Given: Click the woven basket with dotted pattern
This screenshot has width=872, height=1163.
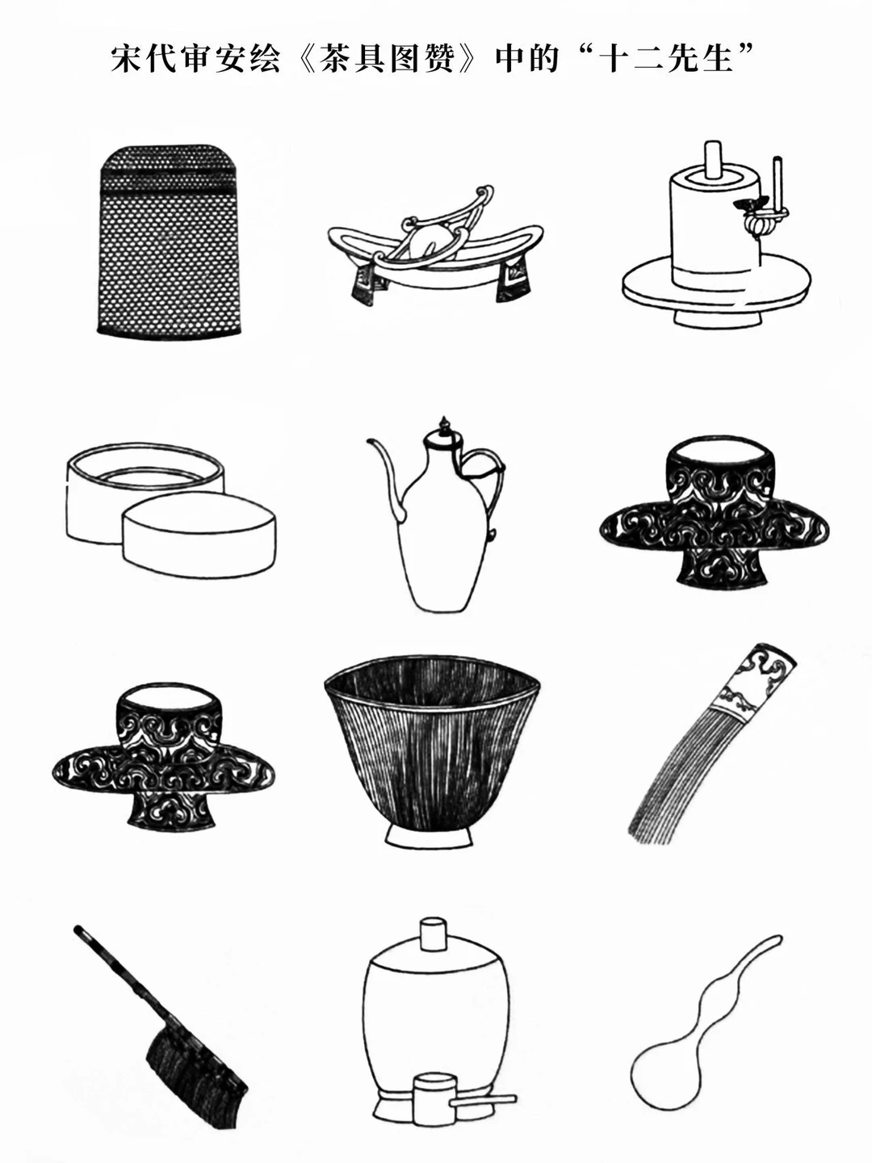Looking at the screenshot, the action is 169,240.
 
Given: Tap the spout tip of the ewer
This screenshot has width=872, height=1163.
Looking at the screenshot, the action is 370,441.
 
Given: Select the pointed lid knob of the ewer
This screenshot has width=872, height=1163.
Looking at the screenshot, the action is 442,426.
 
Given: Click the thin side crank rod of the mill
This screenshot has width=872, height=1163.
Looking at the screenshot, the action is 778,183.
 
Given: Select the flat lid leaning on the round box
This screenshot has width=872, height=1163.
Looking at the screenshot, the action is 199,534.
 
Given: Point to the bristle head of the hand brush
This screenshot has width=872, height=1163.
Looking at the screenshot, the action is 197,1049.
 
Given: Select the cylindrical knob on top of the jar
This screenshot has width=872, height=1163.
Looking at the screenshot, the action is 433,936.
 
